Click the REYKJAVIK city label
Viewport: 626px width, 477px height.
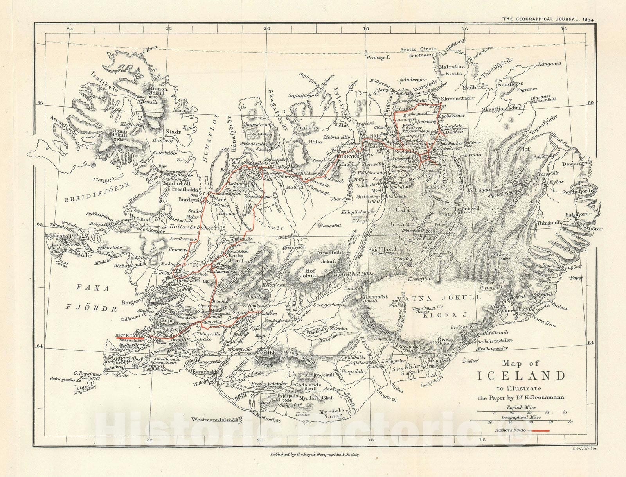[x=130, y=335]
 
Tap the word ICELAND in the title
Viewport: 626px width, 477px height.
[x=522, y=376]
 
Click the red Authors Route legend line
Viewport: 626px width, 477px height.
[x=540, y=430]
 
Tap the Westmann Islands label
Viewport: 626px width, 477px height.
[x=215, y=420]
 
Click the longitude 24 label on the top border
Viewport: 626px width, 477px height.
[x=70, y=29]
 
